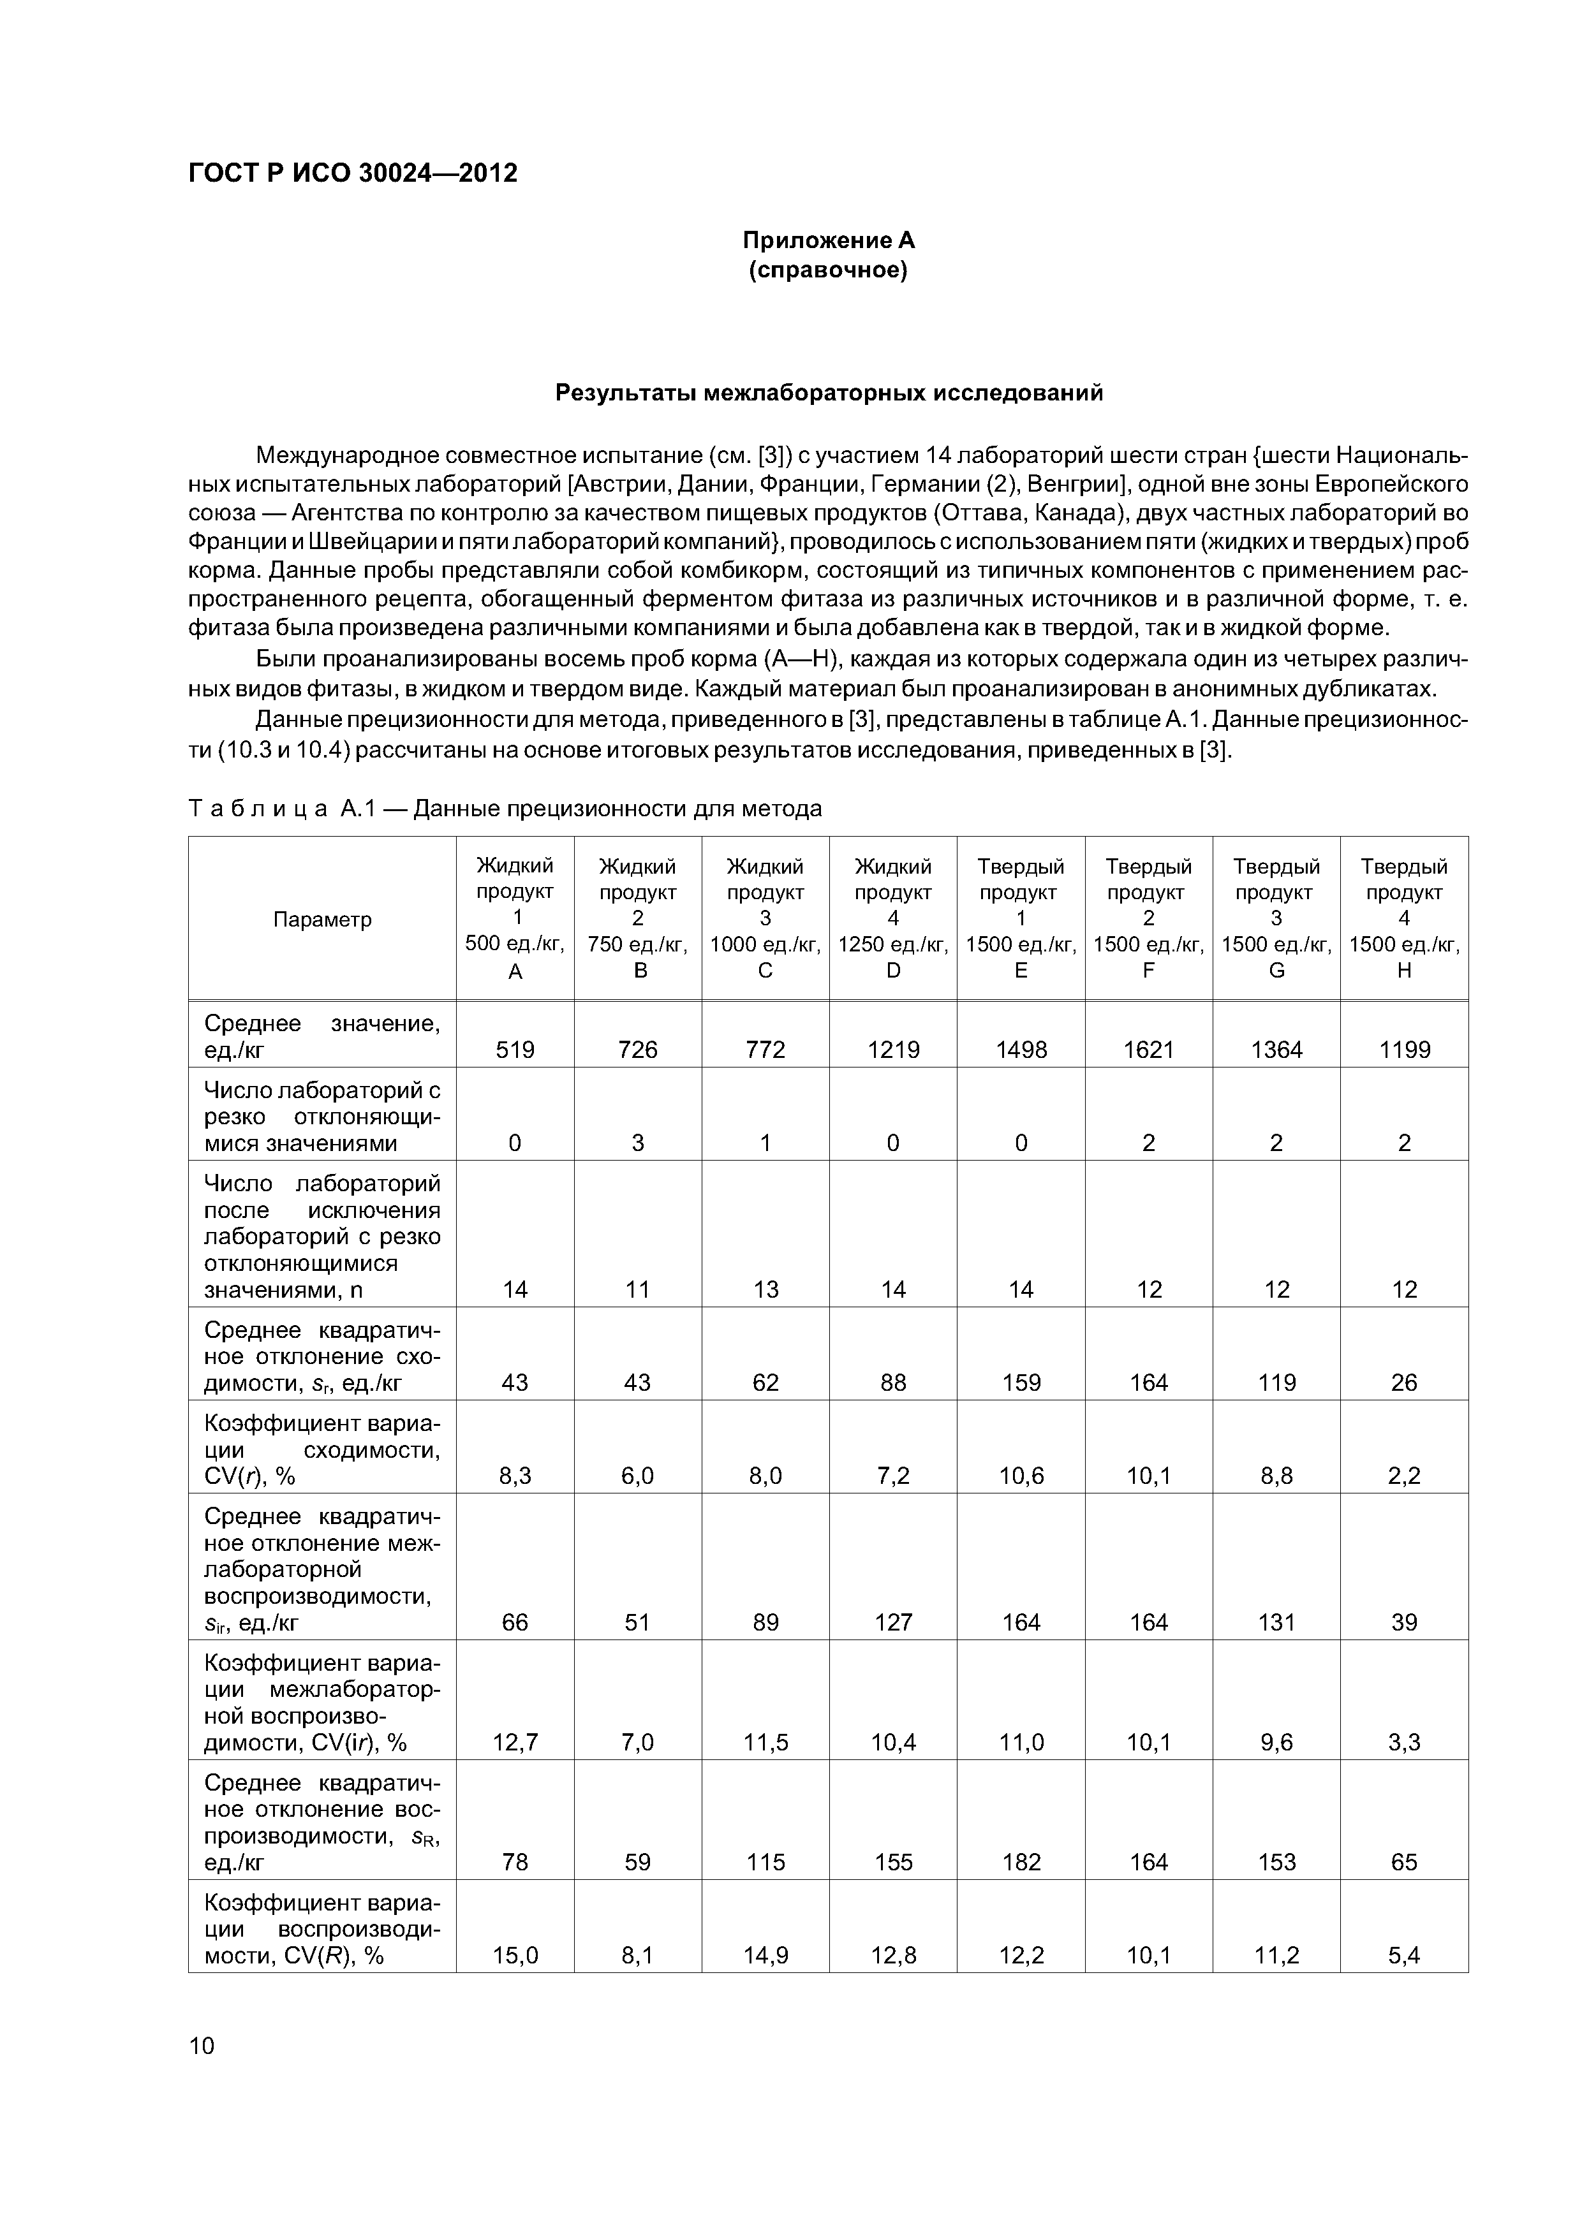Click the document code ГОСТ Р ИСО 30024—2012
(352, 173)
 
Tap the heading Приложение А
(829, 240)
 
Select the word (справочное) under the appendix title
(829, 270)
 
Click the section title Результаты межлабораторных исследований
(829, 393)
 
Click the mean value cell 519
(515, 1050)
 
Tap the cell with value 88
(893, 1383)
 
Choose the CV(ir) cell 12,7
(515, 1742)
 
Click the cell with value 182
(1021, 1862)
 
